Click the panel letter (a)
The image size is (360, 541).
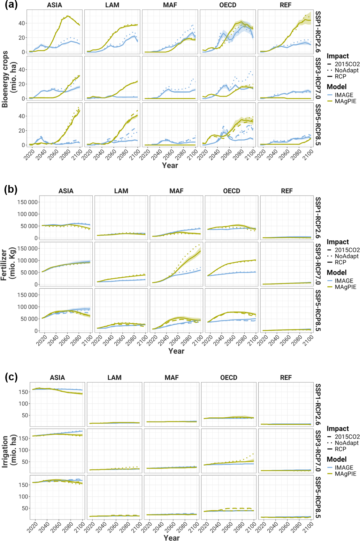pyautogui.click(x=11, y=5)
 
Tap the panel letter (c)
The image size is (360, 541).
pyautogui.click(x=11, y=377)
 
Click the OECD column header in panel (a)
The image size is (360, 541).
pyautogui.click(x=228, y=5)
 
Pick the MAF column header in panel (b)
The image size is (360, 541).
pyautogui.click(x=176, y=191)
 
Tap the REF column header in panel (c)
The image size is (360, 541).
pyautogui.click(x=286, y=378)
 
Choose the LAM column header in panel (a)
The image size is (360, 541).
pyautogui.click(x=112, y=5)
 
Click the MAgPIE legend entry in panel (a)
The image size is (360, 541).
pyautogui.click(x=345, y=101)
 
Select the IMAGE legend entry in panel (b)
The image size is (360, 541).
pyautogui.click(x=344, y=281)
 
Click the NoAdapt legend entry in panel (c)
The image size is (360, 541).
pyautogui.click(x=347, y=443)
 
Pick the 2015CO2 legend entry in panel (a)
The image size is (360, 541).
pyautogui.click(x=347, y=64)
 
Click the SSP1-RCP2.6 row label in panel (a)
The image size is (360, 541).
pyautogui.click(x=318, y=32)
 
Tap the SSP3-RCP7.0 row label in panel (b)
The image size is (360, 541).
pyautogui.click(x=318, y=264)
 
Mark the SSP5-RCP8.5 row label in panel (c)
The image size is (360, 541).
pyautogui.click(x=318, y=497)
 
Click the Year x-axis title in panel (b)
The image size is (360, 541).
pyautogui.click(x=176, y=351)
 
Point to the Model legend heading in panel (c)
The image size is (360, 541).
pyautogui.click(x=337, y=459)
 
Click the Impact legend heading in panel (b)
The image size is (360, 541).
pyautogui.click(x=338, y=242)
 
